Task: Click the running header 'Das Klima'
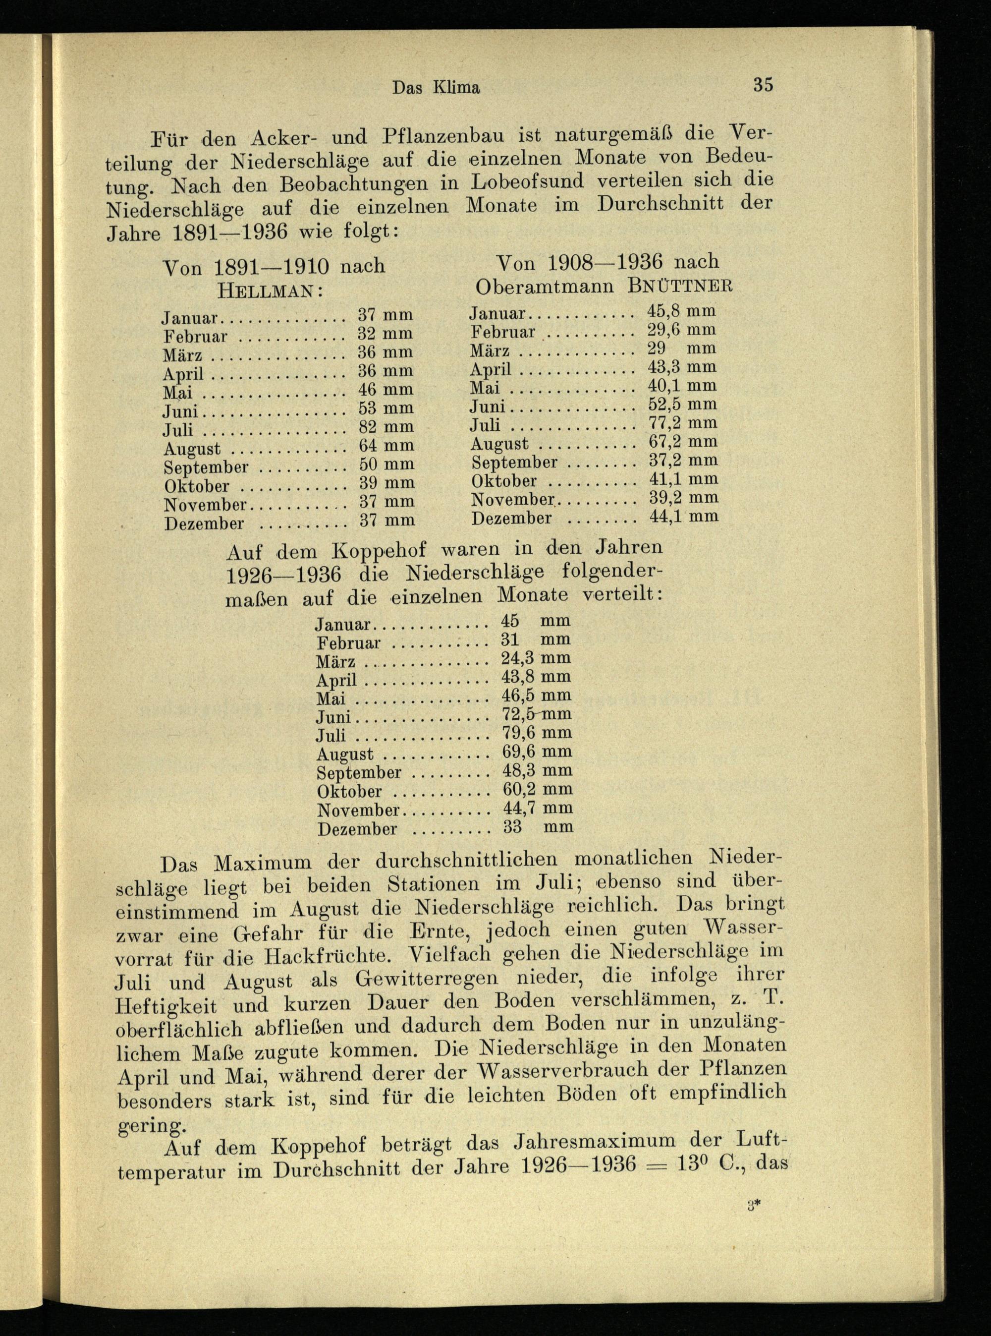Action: click(436, 88)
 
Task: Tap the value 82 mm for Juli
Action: click(385, 427)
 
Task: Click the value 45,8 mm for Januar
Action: click(681, 311)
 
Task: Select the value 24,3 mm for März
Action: click(536, 658)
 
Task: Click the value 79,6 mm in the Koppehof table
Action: click(536, 733)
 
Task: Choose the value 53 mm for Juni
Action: click(385, 408)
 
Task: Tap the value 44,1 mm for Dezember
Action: click(684, 516)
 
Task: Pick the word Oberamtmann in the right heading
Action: click(544, 287)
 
